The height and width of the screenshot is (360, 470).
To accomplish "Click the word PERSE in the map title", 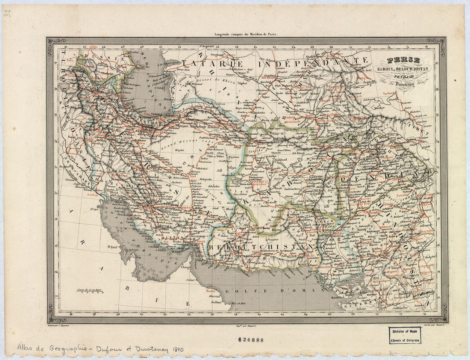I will [403, 60].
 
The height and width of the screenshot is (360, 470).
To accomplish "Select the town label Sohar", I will [191, 280].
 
